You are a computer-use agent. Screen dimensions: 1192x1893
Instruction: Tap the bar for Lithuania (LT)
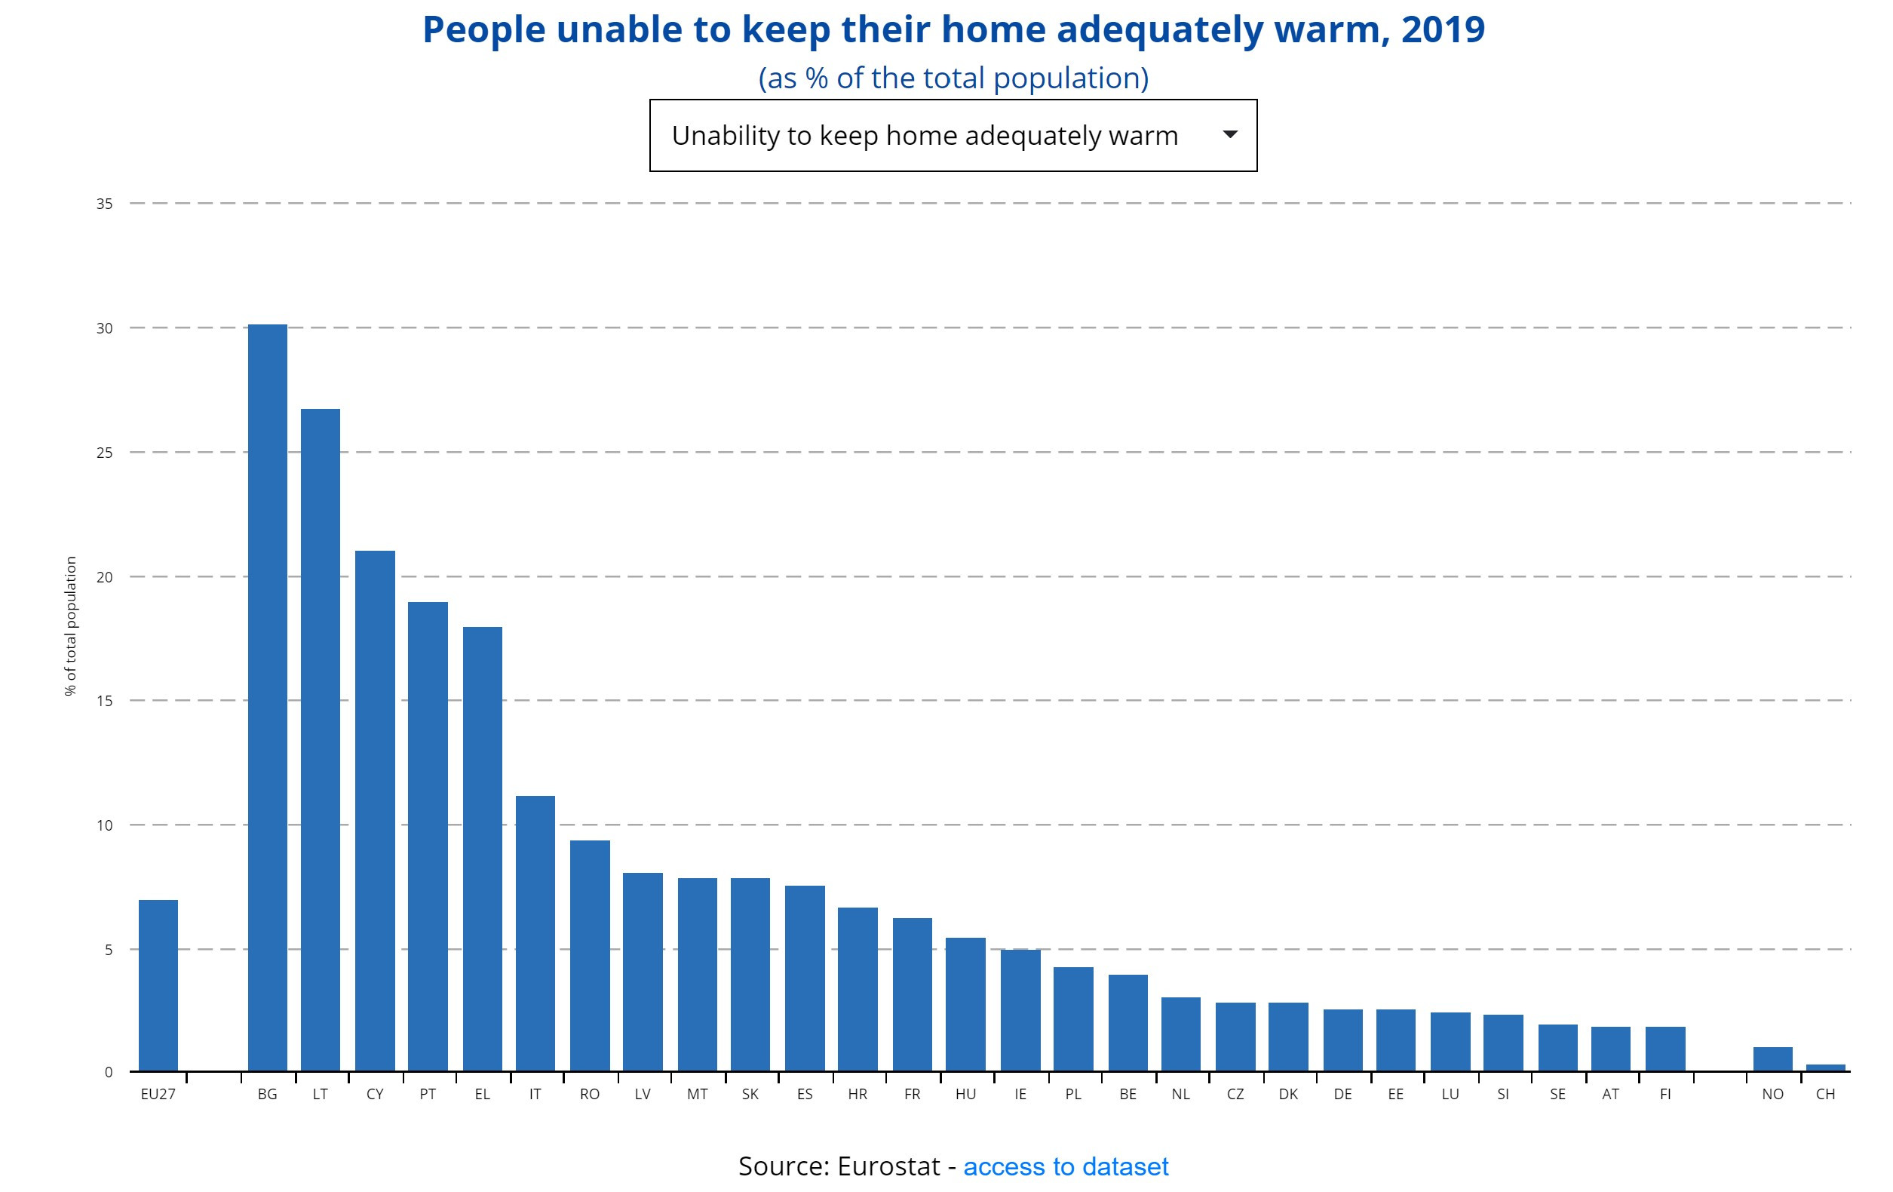click(320, 739)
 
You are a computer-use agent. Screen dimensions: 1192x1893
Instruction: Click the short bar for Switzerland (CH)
click(1825, 1067)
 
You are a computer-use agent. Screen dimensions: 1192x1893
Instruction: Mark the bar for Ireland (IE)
click(1020, 1009)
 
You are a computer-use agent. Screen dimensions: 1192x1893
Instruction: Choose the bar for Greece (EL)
click(483, 849)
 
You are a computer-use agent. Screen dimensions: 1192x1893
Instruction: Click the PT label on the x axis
click(428, 1094)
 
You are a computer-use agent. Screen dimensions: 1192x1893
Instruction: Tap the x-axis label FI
click(1665, 1094)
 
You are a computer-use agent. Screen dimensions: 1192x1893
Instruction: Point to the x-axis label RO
click(590, 1094)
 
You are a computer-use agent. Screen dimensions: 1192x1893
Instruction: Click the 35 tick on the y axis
click(105, 204)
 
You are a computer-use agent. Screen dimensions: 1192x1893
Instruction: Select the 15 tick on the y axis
click(105, 701)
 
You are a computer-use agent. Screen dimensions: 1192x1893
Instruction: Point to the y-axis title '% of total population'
click(71, 626)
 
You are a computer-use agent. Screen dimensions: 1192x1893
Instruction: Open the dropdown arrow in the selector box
click(1230, 134)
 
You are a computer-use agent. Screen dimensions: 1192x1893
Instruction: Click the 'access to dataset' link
click(1065, 1166)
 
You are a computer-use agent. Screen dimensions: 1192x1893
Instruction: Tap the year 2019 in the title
click(1444, 30)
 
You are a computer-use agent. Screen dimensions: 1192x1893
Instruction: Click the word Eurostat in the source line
click(888, 1166)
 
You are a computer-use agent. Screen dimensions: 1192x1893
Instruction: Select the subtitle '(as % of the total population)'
click(953, 78)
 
